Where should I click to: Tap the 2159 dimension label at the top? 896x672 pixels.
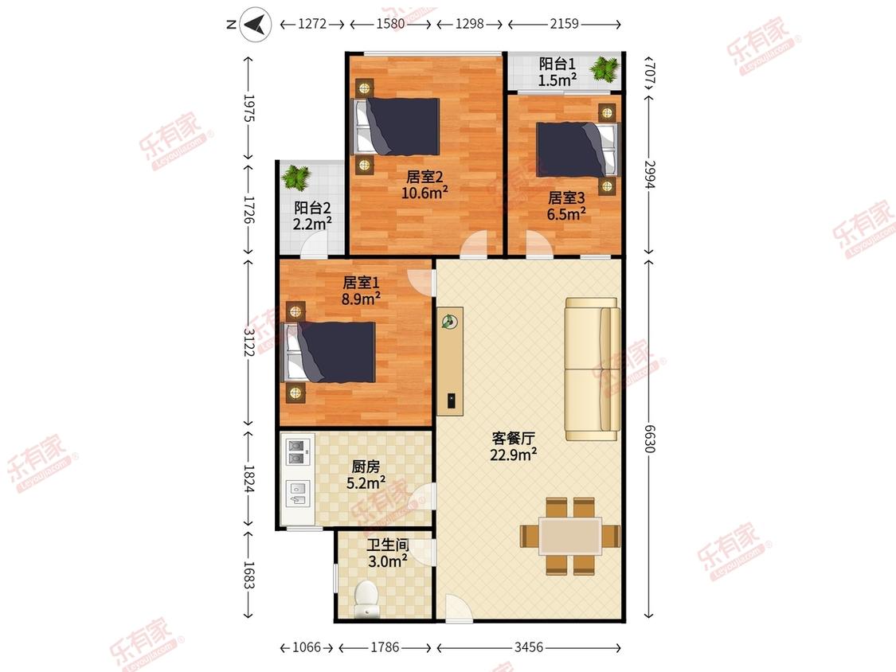(564, 24)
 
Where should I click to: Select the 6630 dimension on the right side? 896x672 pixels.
(649, 438)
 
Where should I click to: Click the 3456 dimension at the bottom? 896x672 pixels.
(529, 647)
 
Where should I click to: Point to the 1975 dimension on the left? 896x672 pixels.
(248, 107)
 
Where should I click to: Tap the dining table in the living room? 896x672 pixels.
(570, 536)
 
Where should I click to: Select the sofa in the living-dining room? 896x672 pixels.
(593, 369)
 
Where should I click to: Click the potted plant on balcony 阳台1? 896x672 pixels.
(605, 68)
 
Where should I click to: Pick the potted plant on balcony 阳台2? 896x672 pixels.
(296, 177)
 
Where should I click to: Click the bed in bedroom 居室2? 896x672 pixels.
(396, 127)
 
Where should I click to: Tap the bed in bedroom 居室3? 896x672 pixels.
(577, 150)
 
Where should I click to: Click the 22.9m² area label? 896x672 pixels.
(513, 455)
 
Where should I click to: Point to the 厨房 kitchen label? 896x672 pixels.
(366, 467)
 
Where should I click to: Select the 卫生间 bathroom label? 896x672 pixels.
(387, 545)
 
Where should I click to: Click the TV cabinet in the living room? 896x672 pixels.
(450, 361)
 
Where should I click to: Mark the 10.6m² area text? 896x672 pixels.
(424, 193)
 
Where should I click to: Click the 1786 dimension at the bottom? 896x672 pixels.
(385, 647)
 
